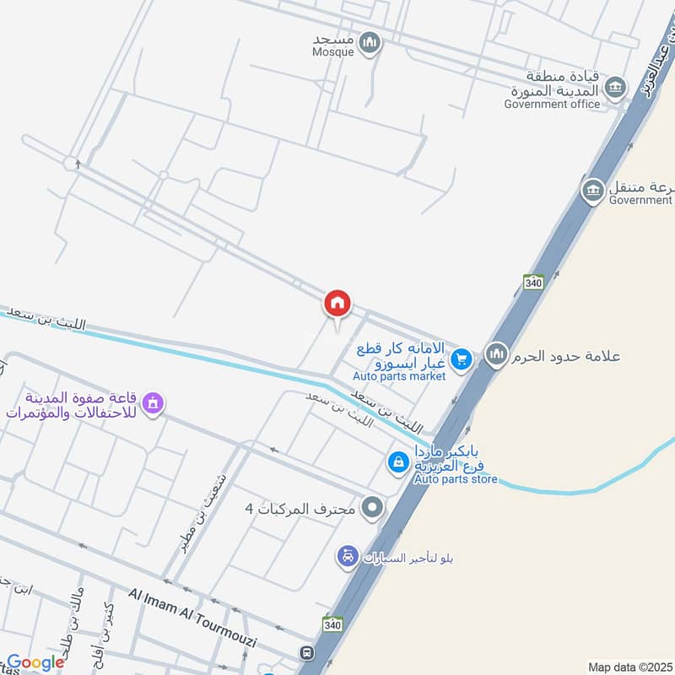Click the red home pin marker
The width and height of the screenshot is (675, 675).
337,303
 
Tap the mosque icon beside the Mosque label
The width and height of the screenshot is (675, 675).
370,42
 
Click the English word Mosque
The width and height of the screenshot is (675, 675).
332,51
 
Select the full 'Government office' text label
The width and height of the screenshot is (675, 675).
552,104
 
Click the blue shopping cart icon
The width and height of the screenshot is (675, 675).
460,360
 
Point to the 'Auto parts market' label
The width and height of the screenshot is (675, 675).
399,375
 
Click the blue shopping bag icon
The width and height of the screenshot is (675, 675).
397,462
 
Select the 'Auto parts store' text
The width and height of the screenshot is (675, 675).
456,479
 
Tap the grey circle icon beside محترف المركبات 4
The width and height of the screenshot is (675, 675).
372,508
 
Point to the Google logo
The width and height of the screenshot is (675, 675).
35,662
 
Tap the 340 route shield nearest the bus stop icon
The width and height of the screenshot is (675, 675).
332,624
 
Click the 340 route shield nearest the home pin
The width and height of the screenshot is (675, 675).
532,283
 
